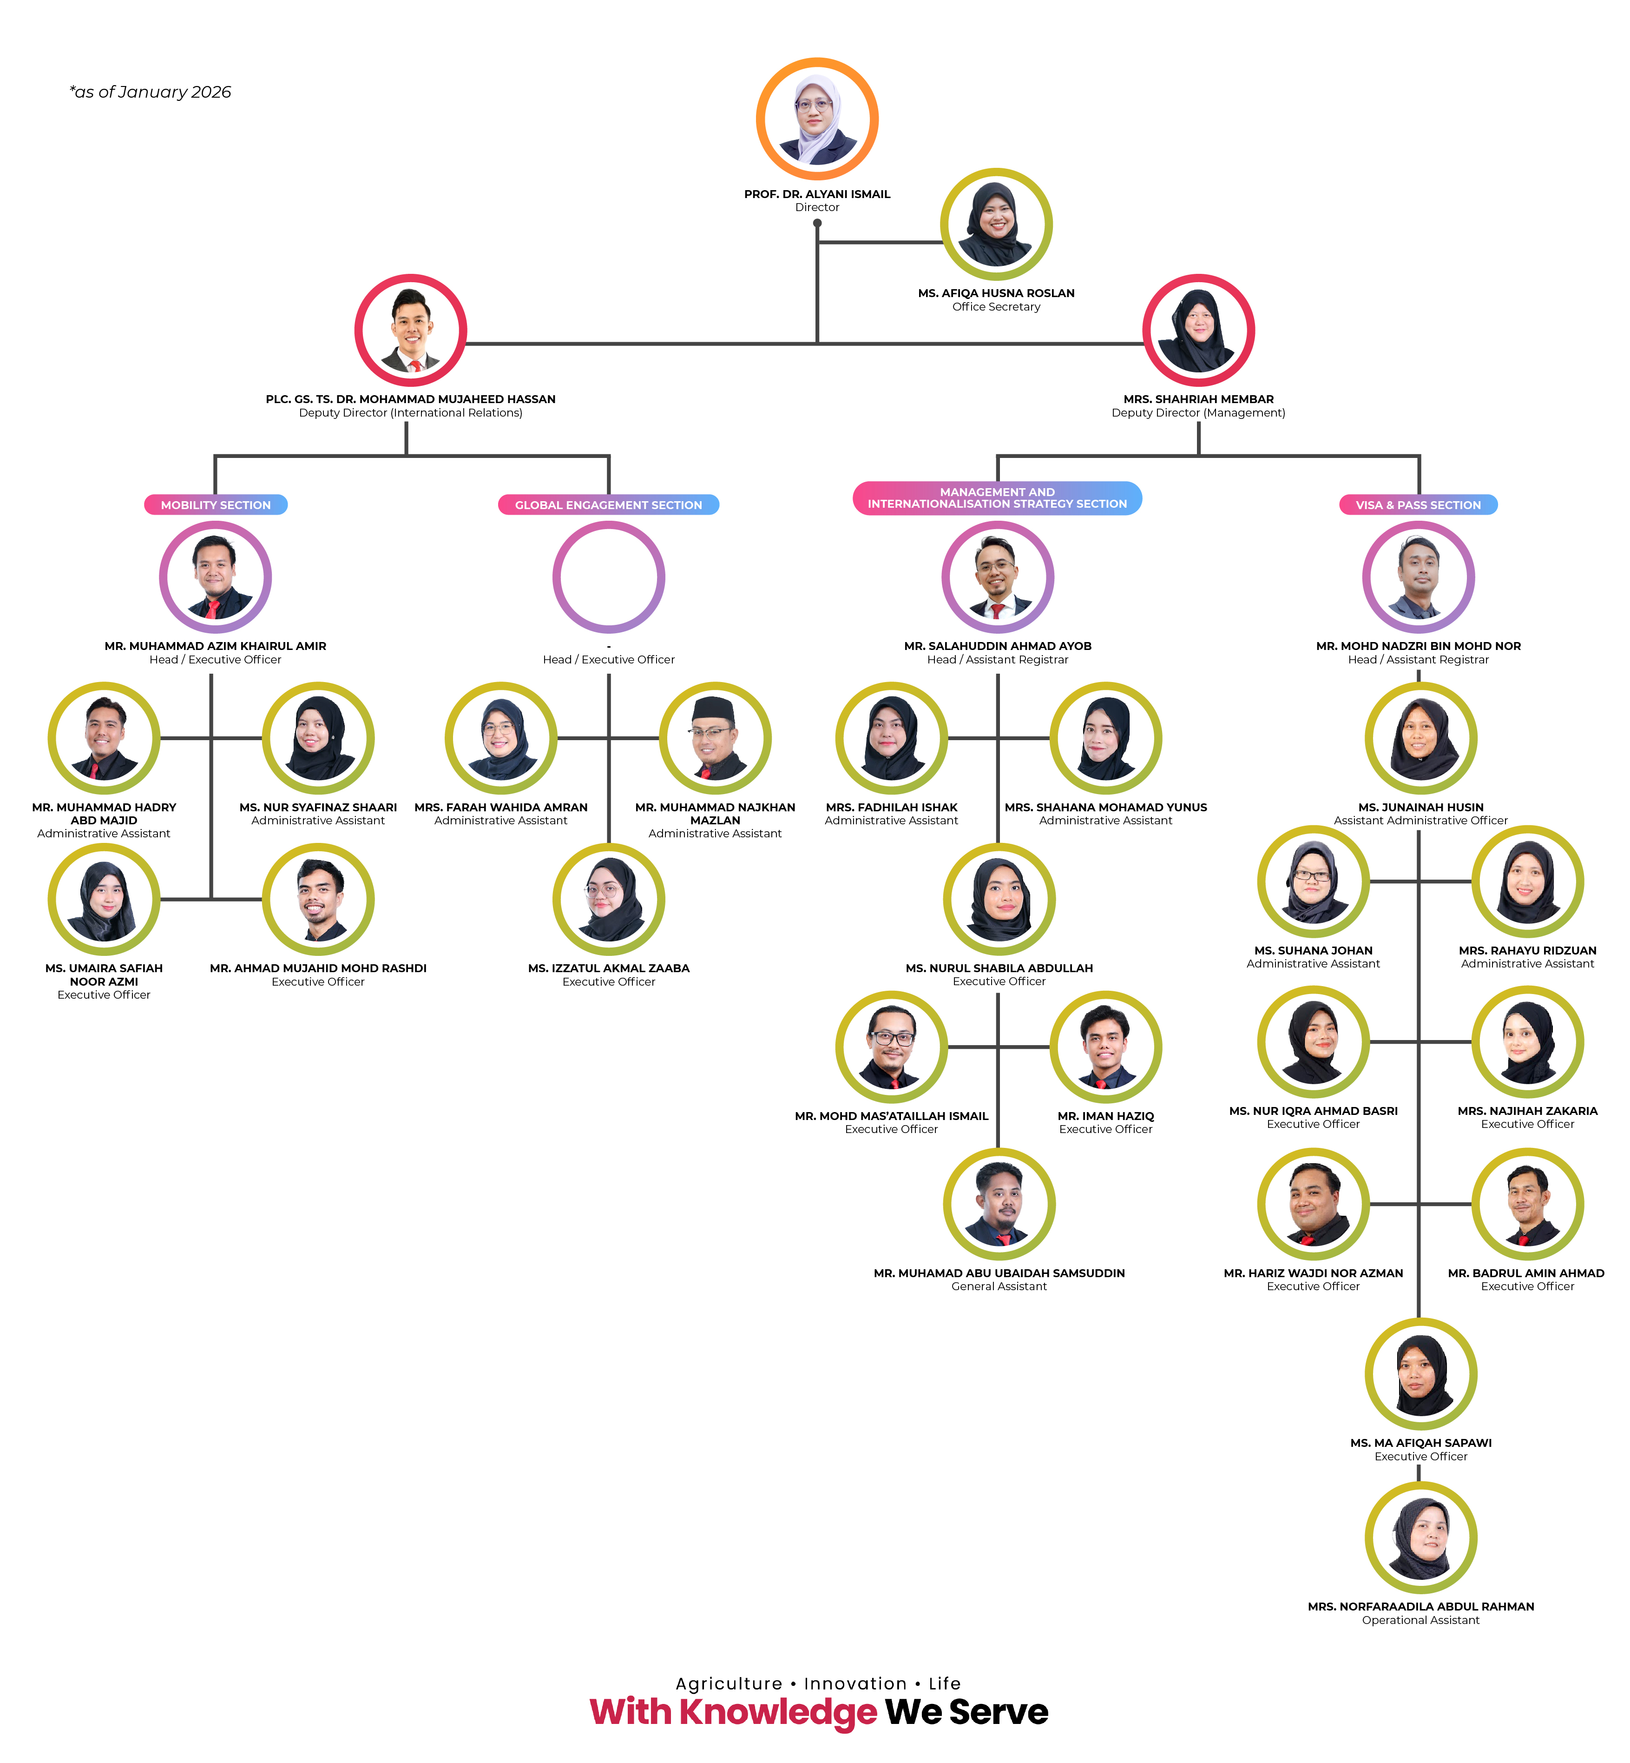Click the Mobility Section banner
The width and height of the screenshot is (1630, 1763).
[x=215, y=505]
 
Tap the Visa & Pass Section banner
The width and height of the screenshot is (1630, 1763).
[x=1418, y=505]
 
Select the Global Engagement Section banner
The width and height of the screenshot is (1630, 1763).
[x=609, y=505]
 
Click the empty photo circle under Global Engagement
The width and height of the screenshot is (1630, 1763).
[x=609, y=577]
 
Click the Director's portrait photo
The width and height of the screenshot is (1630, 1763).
[x=817, y=119]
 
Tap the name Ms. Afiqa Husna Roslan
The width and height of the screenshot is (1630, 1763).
[x=996, y=293]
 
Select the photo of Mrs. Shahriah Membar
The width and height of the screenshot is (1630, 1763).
[x=1198, y=330]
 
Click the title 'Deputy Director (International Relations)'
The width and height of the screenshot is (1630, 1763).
[x=410, y=413]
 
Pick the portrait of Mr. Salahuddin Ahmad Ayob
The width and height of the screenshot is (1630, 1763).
[x=998, y=577]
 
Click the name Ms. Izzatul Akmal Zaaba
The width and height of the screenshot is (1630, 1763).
[x=609, y=968]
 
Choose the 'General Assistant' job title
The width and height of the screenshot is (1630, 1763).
[x=999, y=1286]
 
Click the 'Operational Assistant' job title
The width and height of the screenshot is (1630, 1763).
[x=1420, y=1620]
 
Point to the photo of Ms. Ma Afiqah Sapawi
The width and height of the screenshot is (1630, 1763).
[x=1420, y=1375]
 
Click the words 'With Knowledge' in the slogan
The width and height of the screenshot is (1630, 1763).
[x=733, y=1712]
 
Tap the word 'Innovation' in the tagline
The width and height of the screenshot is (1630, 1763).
[x=854, y=1683]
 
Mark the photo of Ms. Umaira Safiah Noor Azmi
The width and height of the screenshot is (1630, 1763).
[x=104, y=899]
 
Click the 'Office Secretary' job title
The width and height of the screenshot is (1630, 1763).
[x=996, y=307]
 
